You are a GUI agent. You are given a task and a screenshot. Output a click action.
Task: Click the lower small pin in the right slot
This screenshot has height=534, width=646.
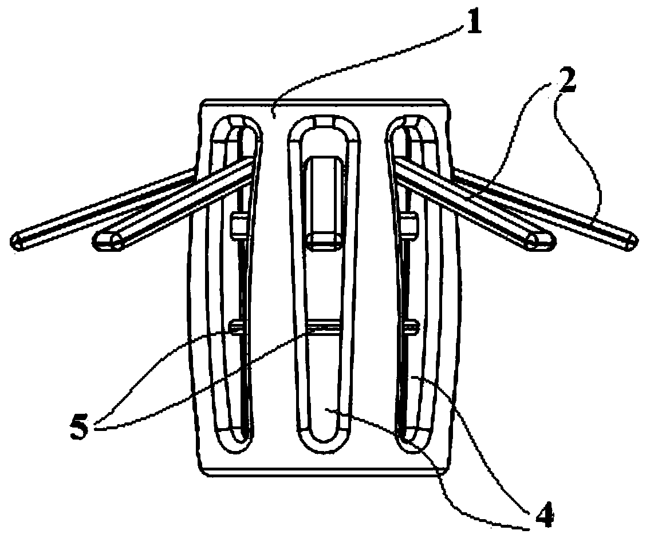(410, 327)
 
